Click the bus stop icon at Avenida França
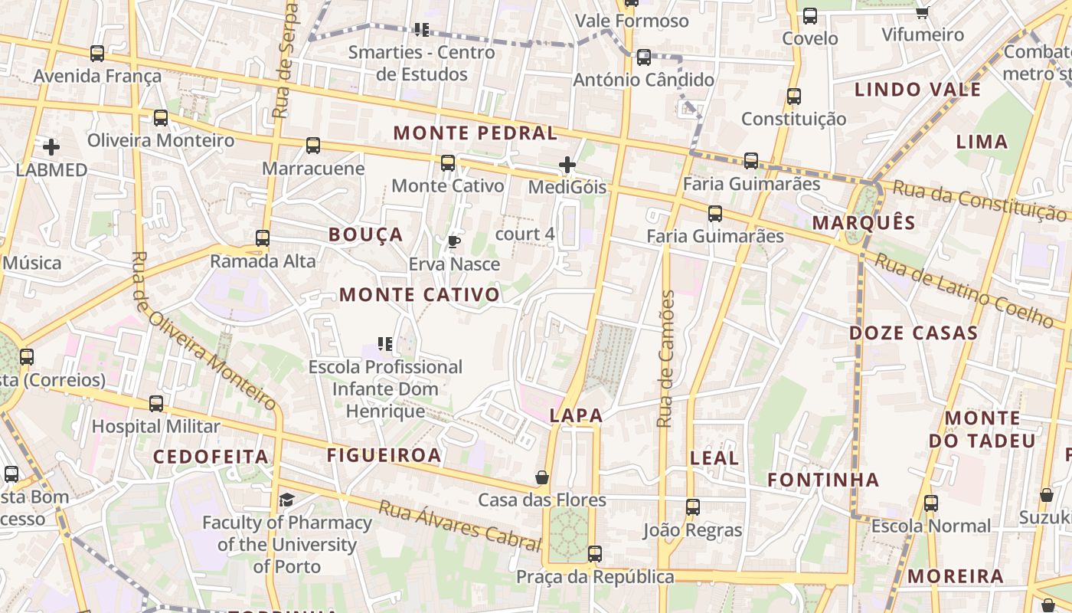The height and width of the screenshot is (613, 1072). [97, 54]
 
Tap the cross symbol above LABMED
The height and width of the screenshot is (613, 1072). [51, 146]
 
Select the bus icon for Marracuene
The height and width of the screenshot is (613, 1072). [313, 146]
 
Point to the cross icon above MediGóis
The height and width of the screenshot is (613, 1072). [567, 165]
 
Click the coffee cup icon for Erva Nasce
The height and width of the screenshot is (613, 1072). [454, 242]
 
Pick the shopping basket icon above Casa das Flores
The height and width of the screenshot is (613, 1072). [542, 478]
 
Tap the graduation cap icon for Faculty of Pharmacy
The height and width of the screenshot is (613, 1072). [286, 500]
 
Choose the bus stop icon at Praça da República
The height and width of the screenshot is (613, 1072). [595, 554]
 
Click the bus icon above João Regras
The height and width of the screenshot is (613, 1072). [693, 507]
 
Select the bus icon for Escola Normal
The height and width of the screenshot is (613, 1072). [931, 503]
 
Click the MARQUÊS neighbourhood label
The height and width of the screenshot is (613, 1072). [864, 223]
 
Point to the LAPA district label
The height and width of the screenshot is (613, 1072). [577, 416]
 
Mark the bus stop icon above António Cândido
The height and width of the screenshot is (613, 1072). [644, 57]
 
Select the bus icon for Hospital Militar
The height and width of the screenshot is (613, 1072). [156, 404]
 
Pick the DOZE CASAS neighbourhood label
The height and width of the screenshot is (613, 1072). [913, 333]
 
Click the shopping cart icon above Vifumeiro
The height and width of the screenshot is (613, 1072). [923, 12]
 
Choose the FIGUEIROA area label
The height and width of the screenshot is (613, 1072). [384, 455]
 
